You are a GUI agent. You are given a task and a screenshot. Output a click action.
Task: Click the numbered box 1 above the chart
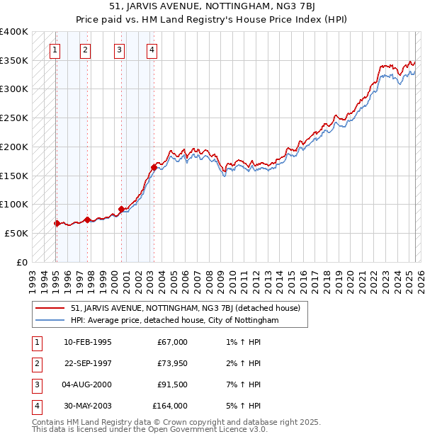click(x=55, y=50)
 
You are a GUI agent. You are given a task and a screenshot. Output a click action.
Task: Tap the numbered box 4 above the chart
click(x=152, y=50)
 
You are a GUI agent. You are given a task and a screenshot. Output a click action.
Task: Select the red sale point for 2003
click(x=154, y=168)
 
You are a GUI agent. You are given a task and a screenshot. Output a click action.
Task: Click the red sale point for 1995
click(x=57, y=223)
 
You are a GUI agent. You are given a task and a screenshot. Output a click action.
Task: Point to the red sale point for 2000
click(x=121, y=209)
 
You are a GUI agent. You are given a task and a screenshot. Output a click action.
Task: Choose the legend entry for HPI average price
click(x=175, y=321)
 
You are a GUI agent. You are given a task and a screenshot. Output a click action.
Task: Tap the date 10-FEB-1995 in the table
click(x=87, y=342)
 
